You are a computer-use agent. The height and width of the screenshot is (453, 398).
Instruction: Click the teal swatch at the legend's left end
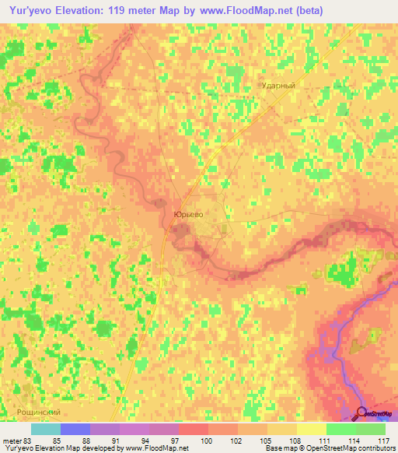[45, 429]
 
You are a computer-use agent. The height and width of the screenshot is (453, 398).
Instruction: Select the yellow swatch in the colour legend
[311, 429]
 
